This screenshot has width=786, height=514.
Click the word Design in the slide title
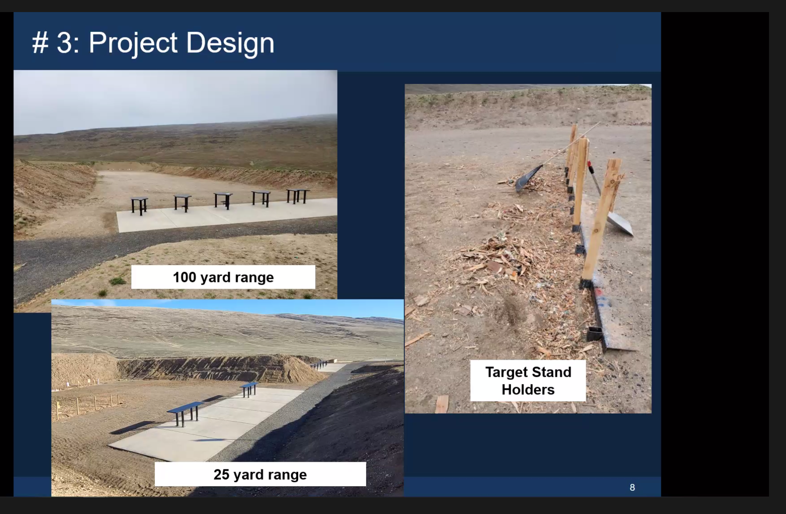click(x=230, y=43)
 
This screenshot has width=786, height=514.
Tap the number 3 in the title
click(x=64, y=43)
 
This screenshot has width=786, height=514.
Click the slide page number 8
click(x=632, y=488)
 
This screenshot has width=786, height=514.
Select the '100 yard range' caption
click(x=223, y=277)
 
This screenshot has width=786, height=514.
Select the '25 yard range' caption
click(x=260, y=474)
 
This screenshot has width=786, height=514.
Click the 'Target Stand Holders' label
click(x=528, y=381)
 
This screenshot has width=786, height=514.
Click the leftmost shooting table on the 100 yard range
click(x=139, y=205)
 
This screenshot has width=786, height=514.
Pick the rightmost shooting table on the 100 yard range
click(x=298, y=196)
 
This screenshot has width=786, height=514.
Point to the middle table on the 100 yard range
click(x=223, y=200)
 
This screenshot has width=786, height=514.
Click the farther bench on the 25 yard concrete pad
click(x=249, y=388)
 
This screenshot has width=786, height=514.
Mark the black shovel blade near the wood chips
click(x=528, y=178)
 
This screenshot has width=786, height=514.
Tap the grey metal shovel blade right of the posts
click(x=620, y=223)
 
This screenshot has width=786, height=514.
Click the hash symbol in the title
click(x=40, y=43)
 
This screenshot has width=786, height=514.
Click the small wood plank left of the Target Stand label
click(x=442, y=404)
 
